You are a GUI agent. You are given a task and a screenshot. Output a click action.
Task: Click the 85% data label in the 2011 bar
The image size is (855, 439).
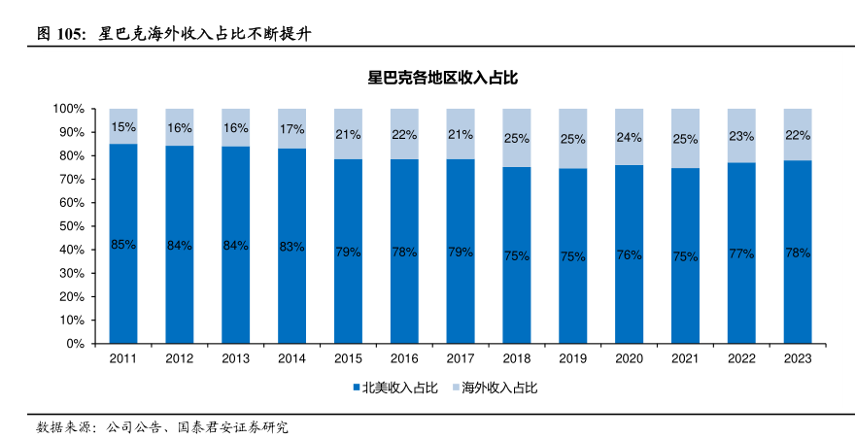click(123, 245)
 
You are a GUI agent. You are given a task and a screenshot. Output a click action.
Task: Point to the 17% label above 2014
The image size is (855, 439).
click(291, 128)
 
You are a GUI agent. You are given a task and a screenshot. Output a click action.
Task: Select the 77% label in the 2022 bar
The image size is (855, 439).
click(741, 253)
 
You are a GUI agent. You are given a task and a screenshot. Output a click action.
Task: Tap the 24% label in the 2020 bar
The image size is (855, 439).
click(629, 138)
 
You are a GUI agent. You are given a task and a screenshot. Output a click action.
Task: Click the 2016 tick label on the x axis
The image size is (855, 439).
click(404, 358)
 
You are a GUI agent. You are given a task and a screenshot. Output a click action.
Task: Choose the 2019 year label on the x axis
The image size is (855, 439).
click(572, 358)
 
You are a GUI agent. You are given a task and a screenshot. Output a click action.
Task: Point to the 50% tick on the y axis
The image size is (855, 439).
click(73, 226)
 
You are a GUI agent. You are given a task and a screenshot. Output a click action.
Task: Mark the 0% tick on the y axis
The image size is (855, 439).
click(76, 344)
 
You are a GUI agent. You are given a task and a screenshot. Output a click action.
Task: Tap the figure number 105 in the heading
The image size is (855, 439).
click(72, 34)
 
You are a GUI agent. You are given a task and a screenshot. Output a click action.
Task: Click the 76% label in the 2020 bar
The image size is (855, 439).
click(629, 254)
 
